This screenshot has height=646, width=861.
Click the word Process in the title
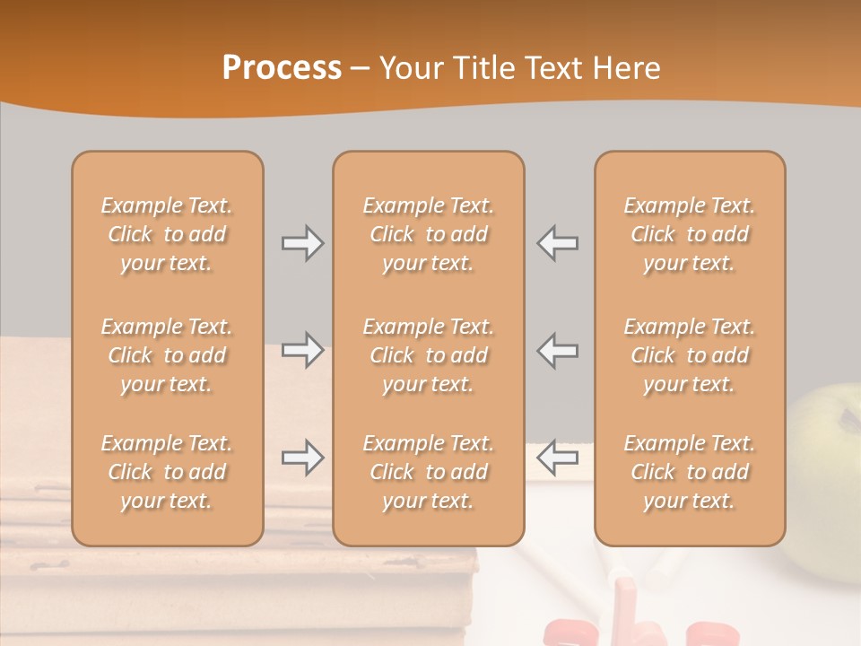click(x=282, y=67)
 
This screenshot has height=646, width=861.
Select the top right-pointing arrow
click(x=303, y=242)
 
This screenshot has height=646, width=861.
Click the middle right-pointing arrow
click(x=303, y=351)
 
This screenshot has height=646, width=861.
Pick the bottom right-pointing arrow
click(x=303, y=458)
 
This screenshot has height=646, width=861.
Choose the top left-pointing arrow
click(x=557, y=242)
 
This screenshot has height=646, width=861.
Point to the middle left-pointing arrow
click(x=557, y=351)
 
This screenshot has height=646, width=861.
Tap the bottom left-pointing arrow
click(x=557, y=458)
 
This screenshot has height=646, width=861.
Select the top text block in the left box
click(x=167, y=234)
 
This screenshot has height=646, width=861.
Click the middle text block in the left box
click(x=167, y=355)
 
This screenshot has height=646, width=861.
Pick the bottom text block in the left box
click(x=167, y=472)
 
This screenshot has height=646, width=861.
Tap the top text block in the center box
click(x=428, y=234)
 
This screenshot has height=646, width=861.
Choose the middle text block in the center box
click(x=428, y=355)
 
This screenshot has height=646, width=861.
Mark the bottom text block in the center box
click(x=428, y=472)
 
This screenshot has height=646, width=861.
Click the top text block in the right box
click(x=690, y=234)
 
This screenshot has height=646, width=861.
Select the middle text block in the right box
click(x=690, y=355)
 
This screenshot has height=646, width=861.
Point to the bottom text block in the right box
click(x=690, y=472)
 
